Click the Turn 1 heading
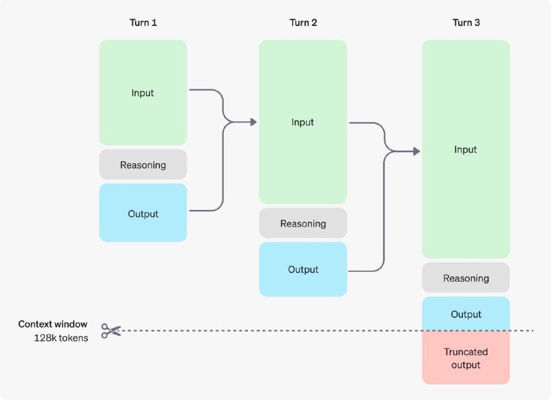143,23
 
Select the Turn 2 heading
303,23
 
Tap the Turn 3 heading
466,23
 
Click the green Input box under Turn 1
143,93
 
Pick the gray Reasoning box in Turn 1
143,165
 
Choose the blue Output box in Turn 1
143,213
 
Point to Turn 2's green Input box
303,122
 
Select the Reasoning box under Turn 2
303,223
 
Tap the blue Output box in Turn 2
303,269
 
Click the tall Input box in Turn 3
466,149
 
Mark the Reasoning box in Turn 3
466,277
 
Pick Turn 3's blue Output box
466,314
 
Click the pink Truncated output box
466,357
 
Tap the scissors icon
111,331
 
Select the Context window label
53,324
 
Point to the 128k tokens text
61,338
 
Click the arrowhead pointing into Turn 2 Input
253,122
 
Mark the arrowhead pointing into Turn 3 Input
417,151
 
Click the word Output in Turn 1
143,214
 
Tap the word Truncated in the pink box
466,352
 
